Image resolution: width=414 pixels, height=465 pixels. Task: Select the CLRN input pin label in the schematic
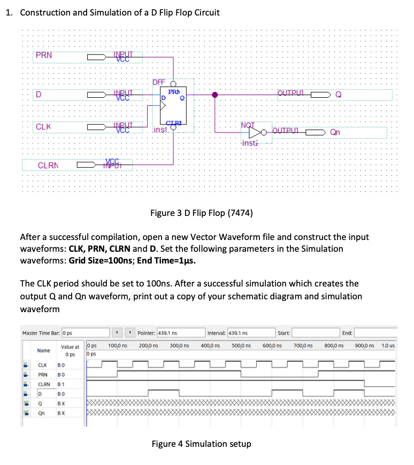point(49,166)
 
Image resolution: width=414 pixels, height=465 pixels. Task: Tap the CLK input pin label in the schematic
point(43,127)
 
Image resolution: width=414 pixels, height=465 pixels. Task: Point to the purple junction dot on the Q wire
point(215,95)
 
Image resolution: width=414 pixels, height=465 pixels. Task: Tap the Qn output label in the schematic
point(335,132)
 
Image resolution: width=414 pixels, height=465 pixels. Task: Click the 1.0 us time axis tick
point(388,346)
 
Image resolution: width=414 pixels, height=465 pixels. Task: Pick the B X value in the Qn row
point(62,413)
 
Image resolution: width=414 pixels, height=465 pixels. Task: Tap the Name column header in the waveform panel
point(44,351)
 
